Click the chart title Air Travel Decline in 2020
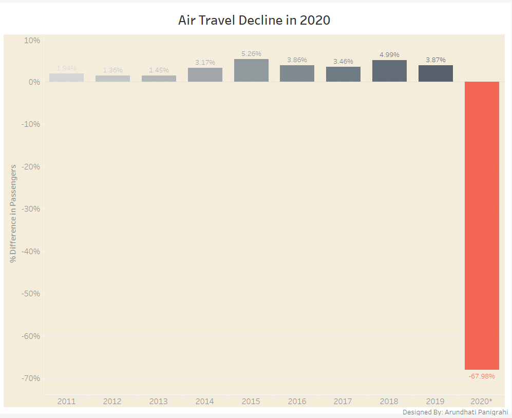[x=254, y=21]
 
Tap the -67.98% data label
[x=482, y=376]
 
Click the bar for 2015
[x=251, y=70]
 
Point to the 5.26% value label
[x=251, y=53]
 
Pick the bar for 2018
[x=389, y=71]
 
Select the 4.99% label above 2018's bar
[x=389, y=54]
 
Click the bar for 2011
[x=67, y=78]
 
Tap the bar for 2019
[x=435, y=73]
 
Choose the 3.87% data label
[x=435, y=60]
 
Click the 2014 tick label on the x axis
[x=205, y=401]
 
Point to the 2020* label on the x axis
[x=482, y=401]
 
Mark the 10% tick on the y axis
[x=32, y=40]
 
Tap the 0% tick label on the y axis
[x=34, y=82]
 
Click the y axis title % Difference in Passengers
[x=13, y=213]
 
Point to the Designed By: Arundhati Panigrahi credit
[x=455, y=412]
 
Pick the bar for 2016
[x=297, y=73]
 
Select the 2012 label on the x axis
[x=112, y=401]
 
